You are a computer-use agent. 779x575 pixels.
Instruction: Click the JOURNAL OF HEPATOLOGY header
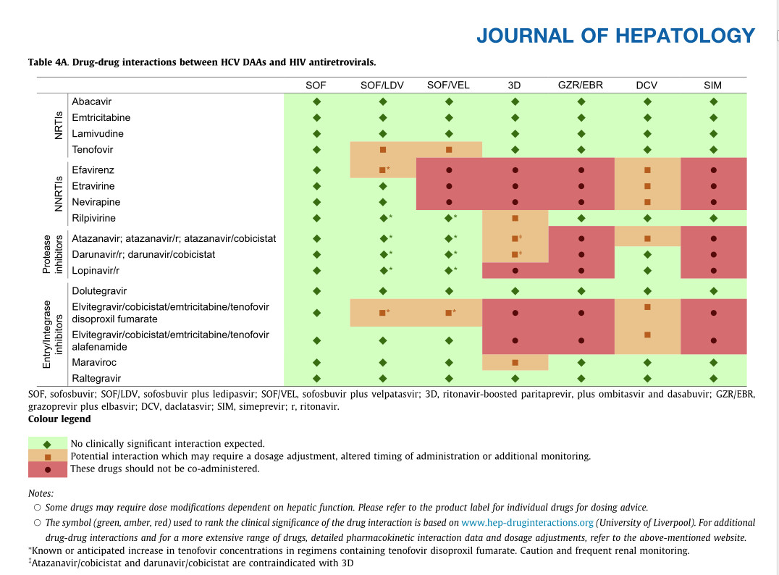pyautogui.click(x=615, y=36)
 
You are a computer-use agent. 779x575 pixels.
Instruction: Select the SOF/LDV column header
pyautogui.click(x=382, y=85)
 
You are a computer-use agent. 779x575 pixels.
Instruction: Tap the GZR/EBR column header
pyautogui.click(x=581, y=85)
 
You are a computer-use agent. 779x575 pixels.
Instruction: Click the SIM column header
pyautogui.click(x=712, y=85)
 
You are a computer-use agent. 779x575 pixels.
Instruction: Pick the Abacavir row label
pyautogui.click(x=92, y=102)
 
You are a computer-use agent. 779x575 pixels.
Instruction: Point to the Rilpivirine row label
pyautogui.click(x=94, y=218)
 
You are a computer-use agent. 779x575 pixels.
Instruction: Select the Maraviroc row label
pyautogui.click(x=93, y=362)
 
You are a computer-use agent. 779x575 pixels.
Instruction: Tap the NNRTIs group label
pyautogui.click(x=59, y=194)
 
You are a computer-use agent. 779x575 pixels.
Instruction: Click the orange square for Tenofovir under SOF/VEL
pyautogui.click(x=449, y=150)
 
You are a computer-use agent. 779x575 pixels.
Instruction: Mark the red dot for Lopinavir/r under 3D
pyautogui.click(x=515, y=271)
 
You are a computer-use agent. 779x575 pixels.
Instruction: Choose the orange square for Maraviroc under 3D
pyautogui.click(x=515, y=362)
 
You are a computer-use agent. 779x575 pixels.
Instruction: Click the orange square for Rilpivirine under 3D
pyautogui.click(x=515, y=218)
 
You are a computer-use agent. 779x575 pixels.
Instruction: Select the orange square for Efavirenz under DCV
pyautogui.click(x=647, y=170)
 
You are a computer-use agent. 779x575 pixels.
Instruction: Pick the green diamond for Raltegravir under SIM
pyautogui.click(x=713, y=378)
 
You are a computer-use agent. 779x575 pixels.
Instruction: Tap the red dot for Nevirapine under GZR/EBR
pyautogui.click(x=581, y=202)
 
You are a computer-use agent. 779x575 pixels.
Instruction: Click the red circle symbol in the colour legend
pyautogui.click(x=48, y=469)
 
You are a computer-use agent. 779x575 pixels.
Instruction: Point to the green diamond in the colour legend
pyautogui.click(x=48, y=444)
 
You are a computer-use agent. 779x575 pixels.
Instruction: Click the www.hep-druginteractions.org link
pyautogui.click(x=527, y=522)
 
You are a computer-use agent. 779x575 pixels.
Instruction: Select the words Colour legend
pyautogui.click(x=59, y=419)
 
